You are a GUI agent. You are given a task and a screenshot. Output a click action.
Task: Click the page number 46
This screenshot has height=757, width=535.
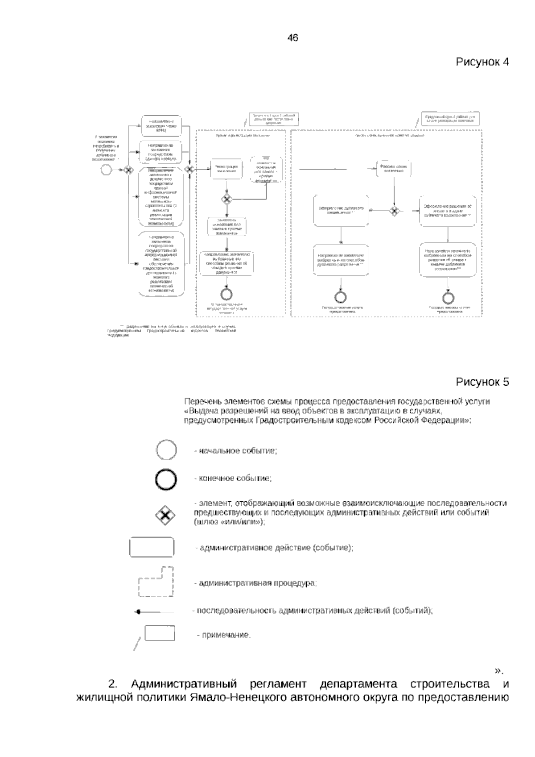[292, 38]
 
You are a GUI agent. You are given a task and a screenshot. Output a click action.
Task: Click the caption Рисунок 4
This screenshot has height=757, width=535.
[482, 62]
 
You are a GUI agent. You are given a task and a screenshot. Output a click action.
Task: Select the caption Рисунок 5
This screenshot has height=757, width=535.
[482, 382]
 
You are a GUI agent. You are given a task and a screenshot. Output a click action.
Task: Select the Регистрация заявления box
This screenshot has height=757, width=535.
[226, 168]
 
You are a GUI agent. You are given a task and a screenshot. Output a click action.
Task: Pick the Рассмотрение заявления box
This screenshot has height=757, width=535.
[393, 168]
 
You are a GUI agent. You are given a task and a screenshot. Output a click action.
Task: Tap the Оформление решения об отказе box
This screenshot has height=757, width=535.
[447, 210]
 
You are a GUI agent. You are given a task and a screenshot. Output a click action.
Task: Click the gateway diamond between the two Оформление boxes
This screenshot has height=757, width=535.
[394, 210]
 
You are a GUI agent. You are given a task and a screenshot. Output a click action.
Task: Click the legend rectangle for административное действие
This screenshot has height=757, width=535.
[152, 548]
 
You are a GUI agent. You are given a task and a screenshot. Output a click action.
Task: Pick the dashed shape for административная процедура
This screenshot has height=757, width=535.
[156, 582]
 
